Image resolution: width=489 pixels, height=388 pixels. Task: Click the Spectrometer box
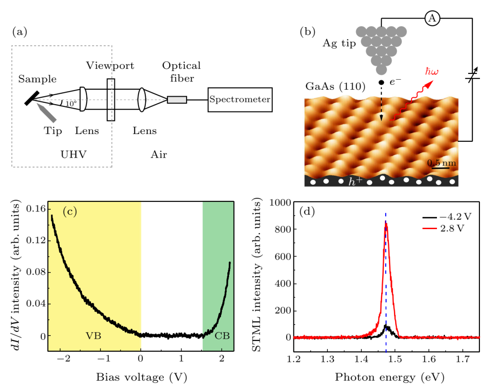240,100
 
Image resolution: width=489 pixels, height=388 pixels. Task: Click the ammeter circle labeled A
432,18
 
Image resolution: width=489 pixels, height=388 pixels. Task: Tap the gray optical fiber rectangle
177,100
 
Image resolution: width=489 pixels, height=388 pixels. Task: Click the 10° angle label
71,104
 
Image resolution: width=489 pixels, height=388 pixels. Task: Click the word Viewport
110,66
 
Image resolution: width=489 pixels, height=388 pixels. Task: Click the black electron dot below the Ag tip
381,82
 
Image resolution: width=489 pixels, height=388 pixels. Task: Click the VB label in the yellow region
93,335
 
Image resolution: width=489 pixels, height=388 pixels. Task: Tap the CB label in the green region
221,335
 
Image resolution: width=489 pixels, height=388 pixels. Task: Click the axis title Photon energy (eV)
386,376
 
